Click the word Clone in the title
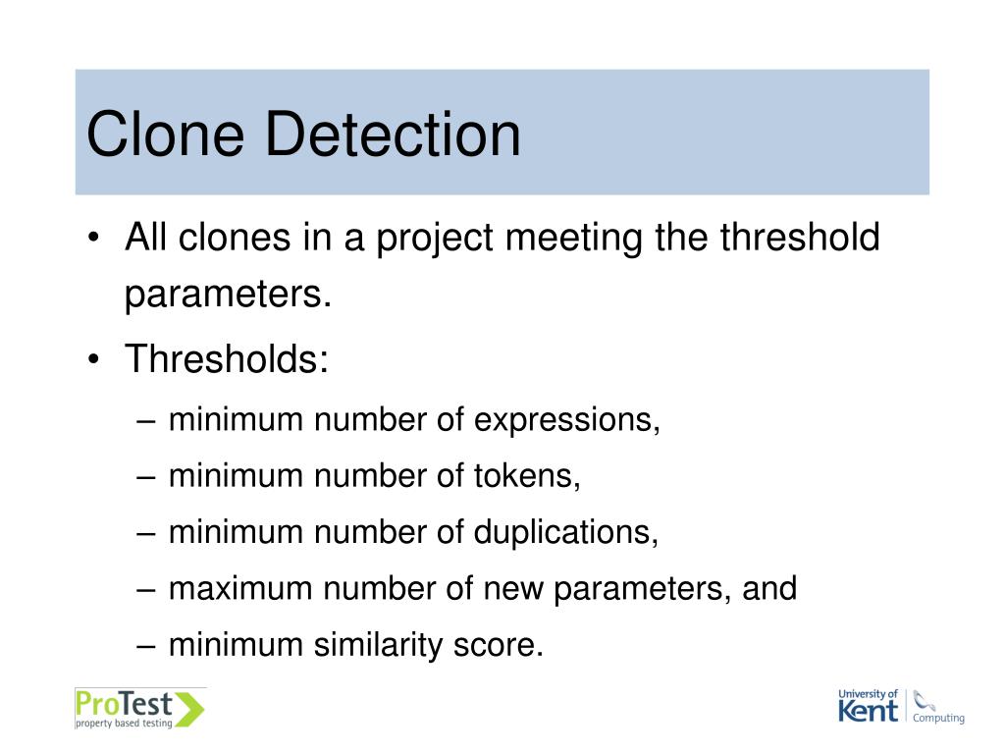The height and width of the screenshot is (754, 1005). pyautogui.click(x=164, y=135)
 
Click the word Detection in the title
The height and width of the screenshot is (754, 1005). pyautogui.click(x=391, y=135)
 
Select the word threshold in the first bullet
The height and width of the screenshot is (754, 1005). pyautogui.click(x=800, y=239)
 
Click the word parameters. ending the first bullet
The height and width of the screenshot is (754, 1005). pyautogui.click(x=229, y=295)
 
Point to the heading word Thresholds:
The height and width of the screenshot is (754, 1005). pyautogui.click(x=226, y=359)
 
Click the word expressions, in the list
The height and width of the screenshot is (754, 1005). pyautogui.click(x=567, y=420)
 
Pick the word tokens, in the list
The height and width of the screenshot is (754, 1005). pyautogui.click(x=528, y=476)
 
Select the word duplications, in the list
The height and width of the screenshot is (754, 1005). pyautogui.click(x=566, y=532)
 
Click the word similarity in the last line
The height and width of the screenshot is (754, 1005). pyautogui.click(x=380, y=645)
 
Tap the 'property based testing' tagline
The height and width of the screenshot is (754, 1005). pyautogui.click(x=125, y=724)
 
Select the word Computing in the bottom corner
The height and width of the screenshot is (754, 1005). pyautogui.click(x=938, y=718)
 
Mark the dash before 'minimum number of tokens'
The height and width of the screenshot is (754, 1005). pyautogui.click(x=147, y=476)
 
